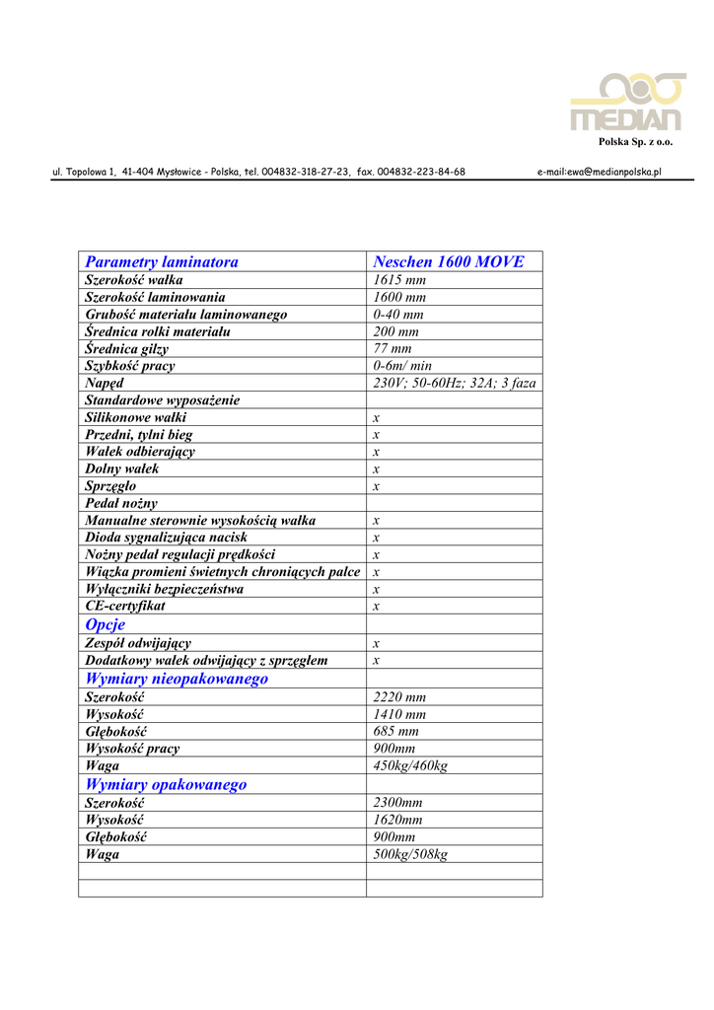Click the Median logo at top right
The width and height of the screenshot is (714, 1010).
tap(626, 103)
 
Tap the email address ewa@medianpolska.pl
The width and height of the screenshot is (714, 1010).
tap(599, 172)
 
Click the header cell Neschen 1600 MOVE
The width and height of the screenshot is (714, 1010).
tap(449, 261)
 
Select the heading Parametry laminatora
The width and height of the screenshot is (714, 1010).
tap(162, 261)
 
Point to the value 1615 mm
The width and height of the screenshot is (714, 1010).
tap(399, 280)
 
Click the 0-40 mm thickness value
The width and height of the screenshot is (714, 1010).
tap(398, 315)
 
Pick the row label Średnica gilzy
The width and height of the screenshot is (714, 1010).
tap(126, 349)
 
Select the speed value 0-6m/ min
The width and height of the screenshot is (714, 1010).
tap(402, 366)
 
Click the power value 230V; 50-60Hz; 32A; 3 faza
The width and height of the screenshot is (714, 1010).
tap(454, 383)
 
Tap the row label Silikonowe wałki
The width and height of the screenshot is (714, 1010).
tap(135, 417)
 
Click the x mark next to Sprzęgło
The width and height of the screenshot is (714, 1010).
tap(377, 486)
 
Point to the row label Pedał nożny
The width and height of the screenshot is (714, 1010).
tap(121, 503)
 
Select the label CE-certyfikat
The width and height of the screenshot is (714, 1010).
tap(125, 606)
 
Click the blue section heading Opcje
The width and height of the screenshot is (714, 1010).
tap(106, 624)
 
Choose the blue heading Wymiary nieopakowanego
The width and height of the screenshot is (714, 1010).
tap(177, 679)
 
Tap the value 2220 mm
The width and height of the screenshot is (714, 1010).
tap(399, 697)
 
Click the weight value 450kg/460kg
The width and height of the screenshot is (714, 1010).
tap(410, 765)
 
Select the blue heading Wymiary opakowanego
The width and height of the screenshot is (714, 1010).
tap(166, 784)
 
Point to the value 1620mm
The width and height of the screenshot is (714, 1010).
tap(397, 820)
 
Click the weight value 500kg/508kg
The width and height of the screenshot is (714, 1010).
tap(410, 854)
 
